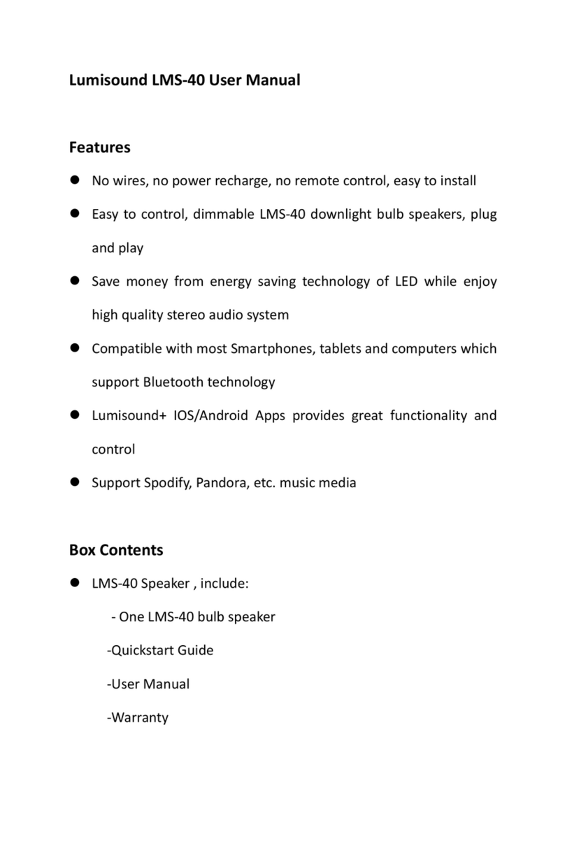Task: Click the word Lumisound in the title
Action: point(108,80)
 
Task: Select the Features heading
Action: point(99,147)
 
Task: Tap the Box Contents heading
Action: point(116,550)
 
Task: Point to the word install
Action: point(458,181)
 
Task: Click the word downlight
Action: point(341,215)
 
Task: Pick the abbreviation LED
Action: point(406,282)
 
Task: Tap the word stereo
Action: point(188,315)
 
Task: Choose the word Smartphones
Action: point(273,349)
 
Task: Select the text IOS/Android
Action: point(211,416)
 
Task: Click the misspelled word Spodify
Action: point(165,483)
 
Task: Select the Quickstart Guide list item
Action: point(160,650)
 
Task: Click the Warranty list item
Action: point(138,717)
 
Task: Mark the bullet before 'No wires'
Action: point(73,181)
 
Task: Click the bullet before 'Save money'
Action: point(73,282)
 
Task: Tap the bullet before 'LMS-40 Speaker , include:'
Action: point(73,584)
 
